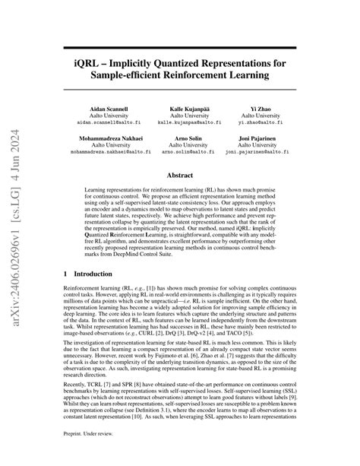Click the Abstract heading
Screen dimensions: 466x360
click(x=180, y=176)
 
